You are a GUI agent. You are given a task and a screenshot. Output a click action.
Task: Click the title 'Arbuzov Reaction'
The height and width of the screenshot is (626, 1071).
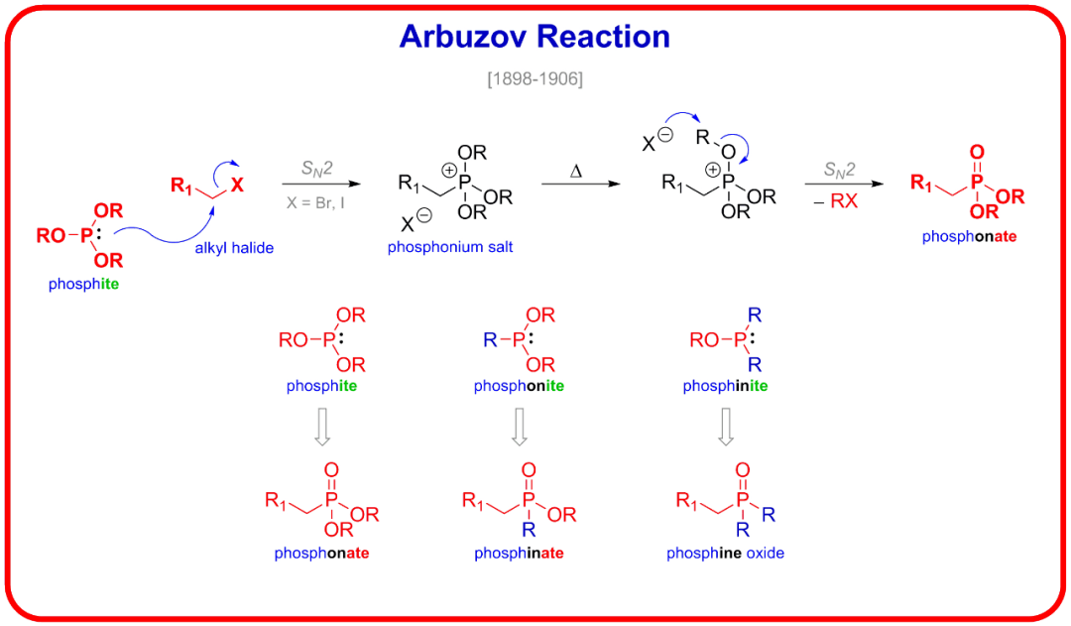click(x=535, y=37)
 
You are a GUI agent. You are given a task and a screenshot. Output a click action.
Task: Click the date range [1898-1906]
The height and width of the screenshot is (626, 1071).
click(x=535, y=78)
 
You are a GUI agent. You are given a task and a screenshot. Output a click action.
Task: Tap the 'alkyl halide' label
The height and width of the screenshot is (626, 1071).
click(x=234, y=248)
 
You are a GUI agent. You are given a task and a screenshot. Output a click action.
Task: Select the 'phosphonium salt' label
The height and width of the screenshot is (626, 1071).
click(x=450, y=247)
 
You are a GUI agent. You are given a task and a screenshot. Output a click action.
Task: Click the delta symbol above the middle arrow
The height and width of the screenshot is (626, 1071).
click(x=575, y=172)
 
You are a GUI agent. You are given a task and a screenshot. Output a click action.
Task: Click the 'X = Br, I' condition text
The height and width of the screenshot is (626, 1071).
click(x=316, y=201)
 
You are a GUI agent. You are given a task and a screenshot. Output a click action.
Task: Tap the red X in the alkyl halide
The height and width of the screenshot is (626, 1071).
click(x=237, y=184)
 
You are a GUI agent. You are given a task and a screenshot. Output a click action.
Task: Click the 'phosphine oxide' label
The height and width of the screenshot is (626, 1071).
click(x=725, y=553)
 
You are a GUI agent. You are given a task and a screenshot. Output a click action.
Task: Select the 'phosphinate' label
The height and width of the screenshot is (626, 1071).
click(x=519, y=553)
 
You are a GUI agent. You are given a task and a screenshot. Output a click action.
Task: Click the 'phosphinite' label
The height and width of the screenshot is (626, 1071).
click(x=725, y=386)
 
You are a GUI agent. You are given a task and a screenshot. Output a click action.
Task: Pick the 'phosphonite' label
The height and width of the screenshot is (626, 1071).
click(x=519, y=386)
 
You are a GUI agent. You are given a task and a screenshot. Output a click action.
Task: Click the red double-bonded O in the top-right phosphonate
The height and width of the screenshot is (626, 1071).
click(x=978, y=153)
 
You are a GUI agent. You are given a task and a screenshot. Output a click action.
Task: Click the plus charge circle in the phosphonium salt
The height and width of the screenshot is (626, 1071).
click(x=449, y=171)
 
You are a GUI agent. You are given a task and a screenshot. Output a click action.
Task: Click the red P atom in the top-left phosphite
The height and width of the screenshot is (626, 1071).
click(x=86, y=235)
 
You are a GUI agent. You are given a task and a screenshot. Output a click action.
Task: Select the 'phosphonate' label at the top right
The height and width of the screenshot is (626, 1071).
click(x=969, y=237)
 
